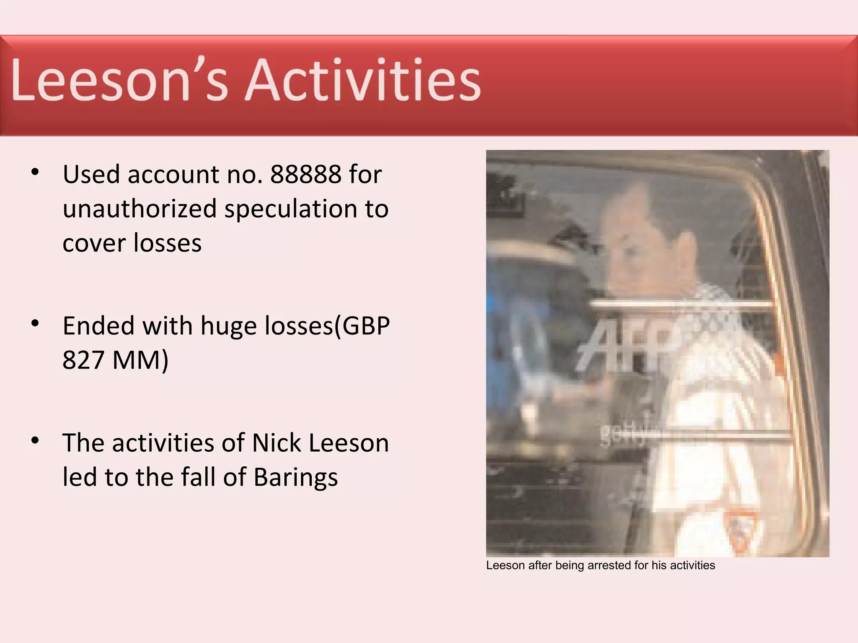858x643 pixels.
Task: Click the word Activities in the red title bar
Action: (363, 80)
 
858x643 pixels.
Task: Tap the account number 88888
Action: (305, 174)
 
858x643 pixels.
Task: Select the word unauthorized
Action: (140, 208)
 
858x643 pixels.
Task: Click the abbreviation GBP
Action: (366, 326)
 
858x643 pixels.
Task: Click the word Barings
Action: (296, 478)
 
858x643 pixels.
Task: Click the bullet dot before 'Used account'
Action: (35, 172)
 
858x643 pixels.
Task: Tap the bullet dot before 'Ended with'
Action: (35, 323)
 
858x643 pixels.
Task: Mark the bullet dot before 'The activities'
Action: (35, 440)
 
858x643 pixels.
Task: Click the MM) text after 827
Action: (140, 360)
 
